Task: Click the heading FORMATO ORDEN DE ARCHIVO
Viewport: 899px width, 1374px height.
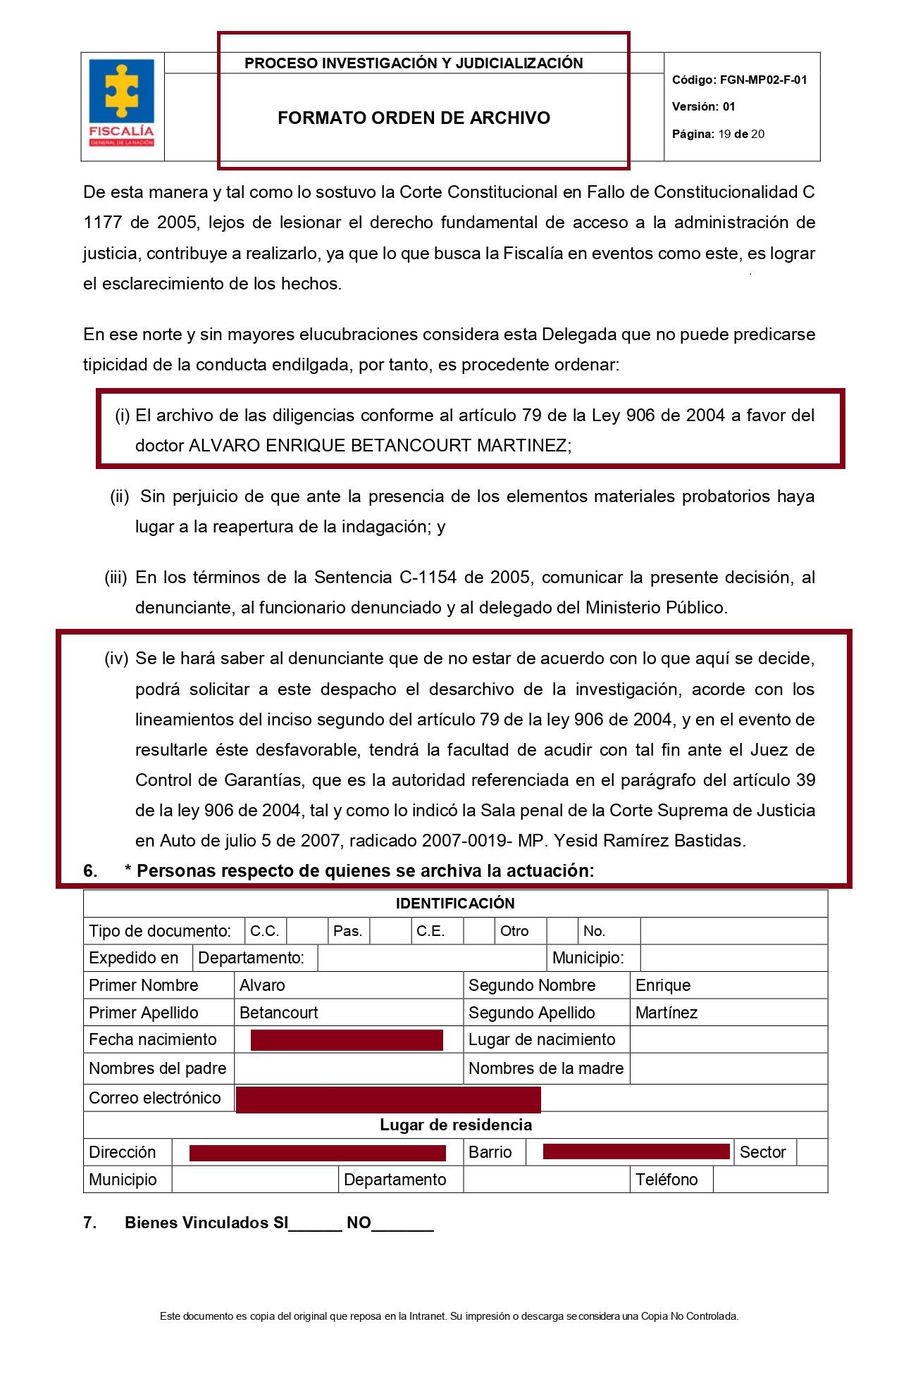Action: click(414, 118)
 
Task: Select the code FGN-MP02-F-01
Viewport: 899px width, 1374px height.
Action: click(763, 80)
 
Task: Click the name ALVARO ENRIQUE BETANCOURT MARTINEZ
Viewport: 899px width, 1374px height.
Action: click(380, 446)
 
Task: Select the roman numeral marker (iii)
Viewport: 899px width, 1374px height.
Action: click(116, 577)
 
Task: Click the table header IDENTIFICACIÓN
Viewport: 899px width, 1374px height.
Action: click(455, 904)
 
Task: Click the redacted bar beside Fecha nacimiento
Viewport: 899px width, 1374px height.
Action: click(347, 1040)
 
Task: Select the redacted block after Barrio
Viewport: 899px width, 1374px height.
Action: click(636, 1151)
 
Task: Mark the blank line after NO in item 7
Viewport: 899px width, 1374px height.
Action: click(402, 1224)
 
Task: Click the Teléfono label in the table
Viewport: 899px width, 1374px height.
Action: click(666, 1180)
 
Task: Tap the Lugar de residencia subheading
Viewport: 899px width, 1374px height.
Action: click(455, 1125)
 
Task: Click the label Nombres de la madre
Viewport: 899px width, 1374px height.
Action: click(546, 1068)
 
